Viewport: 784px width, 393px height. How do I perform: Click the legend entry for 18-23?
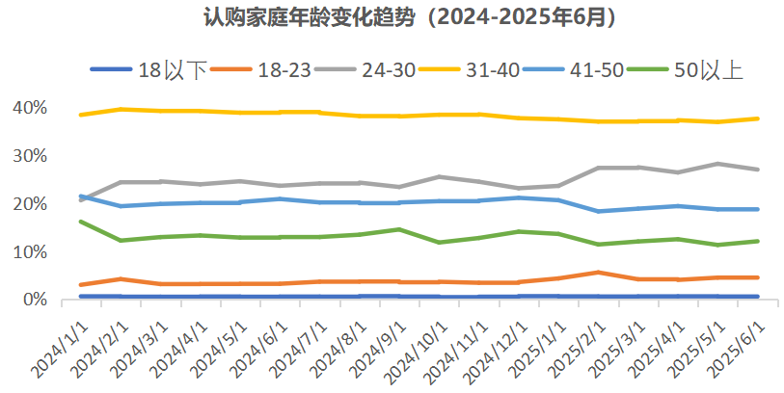click(284, 69)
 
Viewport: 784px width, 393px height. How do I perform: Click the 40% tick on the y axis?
click(30, 107)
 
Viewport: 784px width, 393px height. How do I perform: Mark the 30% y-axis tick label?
click(30, 155)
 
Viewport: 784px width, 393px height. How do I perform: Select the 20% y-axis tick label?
click(30, 203)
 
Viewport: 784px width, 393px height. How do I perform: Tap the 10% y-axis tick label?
click(30, 251)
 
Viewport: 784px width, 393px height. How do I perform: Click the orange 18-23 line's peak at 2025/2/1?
click(598, 273)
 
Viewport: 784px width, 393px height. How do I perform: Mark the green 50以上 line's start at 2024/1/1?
click(80, 222)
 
